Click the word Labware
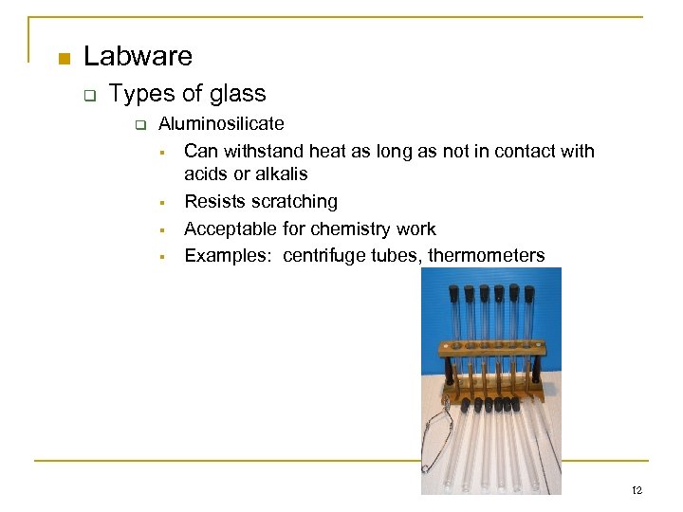point(138,57)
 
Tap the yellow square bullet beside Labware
point(64,59)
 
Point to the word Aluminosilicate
point(221,123)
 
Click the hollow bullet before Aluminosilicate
point(139,124)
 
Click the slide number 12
point(637,490)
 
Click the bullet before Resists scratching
point(163,202)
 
